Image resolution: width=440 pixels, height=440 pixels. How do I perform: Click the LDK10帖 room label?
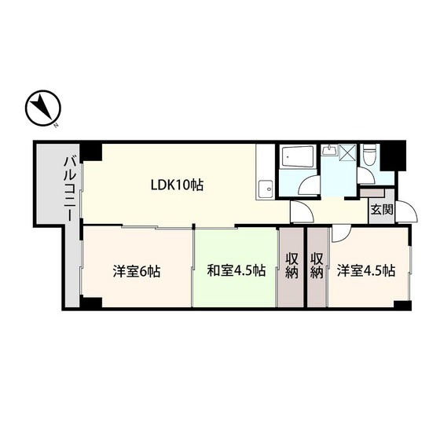[x=178, y=186]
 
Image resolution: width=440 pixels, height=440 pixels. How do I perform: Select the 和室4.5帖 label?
[x=236, y=271]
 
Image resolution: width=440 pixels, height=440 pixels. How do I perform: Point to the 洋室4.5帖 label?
[x=366, y=271]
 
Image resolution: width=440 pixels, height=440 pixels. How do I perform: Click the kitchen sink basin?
[x=267, y=188]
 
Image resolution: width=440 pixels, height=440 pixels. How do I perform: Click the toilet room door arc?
[x=367, y=176]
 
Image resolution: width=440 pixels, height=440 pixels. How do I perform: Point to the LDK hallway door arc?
[x=299, y=213]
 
